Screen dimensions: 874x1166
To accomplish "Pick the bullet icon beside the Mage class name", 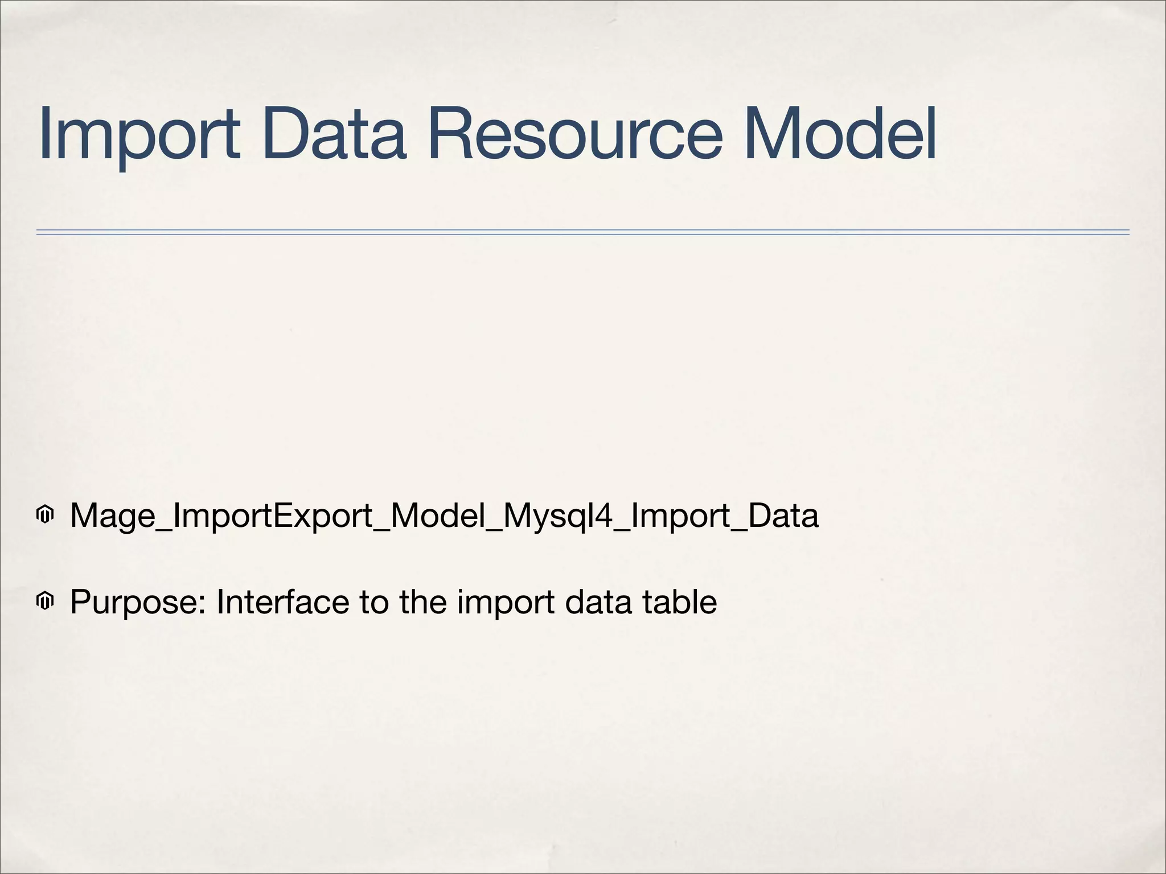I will click(44, 516).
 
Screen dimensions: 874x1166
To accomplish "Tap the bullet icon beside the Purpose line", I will click(44, 601).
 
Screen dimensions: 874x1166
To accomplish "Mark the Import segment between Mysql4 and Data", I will click(681, 516).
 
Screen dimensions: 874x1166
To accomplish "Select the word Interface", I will click(282, 602).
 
